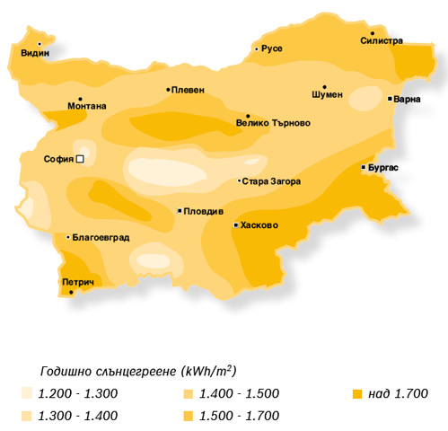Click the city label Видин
click(35, 53)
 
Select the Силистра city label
click(382, 40)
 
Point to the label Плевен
click(189, 90)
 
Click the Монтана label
click(86, 106)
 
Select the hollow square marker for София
click(80, 159)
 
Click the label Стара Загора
click(270, 181)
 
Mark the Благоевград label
click(101, 238)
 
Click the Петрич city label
click(79, 282)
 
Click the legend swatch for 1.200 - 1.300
click(28, 394)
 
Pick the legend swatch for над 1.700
click(356, 394)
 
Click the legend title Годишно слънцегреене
click(108, 371)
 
